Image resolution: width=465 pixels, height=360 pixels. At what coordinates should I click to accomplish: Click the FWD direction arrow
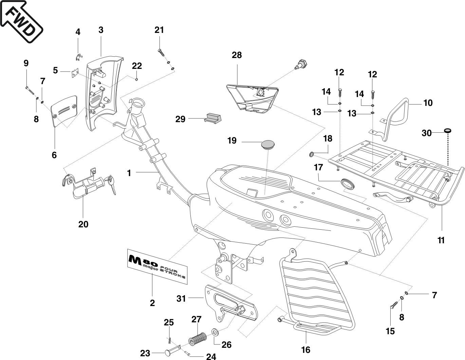pyautogui.click(x=21, y=21)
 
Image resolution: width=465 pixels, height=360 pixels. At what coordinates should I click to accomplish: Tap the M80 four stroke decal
pyautogui.click(x=157, y=264)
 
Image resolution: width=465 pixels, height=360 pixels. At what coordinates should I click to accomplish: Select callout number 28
pyautogui.click(x=237, y=55)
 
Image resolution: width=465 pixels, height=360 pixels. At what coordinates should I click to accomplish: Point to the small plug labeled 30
pyautogui.click(x=448, y=131)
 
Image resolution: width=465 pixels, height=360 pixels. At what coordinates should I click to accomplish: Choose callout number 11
pyautogui.click(x=441, y=240)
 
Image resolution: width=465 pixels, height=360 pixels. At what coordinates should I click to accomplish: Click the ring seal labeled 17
pyautogui.click(x=347, y=184)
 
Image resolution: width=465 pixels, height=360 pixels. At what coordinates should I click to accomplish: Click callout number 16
pyautogui.click(x=306, y=349)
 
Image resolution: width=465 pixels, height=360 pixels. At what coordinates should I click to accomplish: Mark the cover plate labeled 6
pyautogui.click(x=64, y=111)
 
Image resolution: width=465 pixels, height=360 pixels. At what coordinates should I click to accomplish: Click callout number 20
pyautogui.click(x=83, y=224)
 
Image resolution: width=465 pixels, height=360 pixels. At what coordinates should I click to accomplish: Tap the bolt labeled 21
pyautogui.click(x=161, y=52)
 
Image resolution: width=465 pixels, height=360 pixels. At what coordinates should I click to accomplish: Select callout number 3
pyautogui.click(x=101, y=30)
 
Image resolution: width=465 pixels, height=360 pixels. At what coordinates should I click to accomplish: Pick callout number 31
pyautogui.click(x=182, y=299)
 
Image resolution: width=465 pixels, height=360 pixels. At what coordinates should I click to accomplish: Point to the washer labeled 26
pyautogui.click(x=215, y=331)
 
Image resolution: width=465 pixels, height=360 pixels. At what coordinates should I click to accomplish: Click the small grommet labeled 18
pyautogui.click(x=311, y=155)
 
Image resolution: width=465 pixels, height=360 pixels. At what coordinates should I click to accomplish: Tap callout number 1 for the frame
pyautogui.click(x=129, y=173)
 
